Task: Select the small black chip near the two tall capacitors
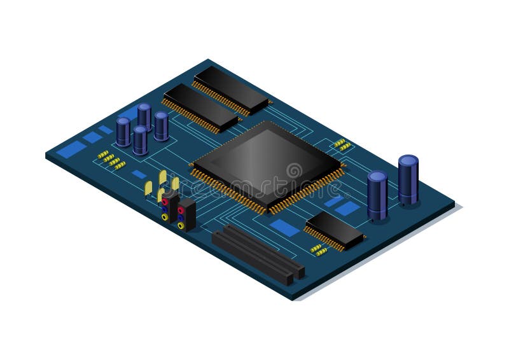(x=335, y=230)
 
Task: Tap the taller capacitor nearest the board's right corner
(x=408, y=179)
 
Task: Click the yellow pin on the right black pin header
(x=181, y=225)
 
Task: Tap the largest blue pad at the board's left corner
(x=71, y=149)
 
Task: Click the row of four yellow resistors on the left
(x=111, y=160)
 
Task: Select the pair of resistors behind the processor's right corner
(x=342, y=144)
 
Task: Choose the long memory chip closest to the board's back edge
(x=231, y=89)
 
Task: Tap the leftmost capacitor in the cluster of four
(x=123, y=131)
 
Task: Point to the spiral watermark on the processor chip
(x=294, y=170)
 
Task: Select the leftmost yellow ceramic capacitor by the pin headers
(x=148, y=188)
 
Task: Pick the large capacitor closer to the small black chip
(x=377, y=195)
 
